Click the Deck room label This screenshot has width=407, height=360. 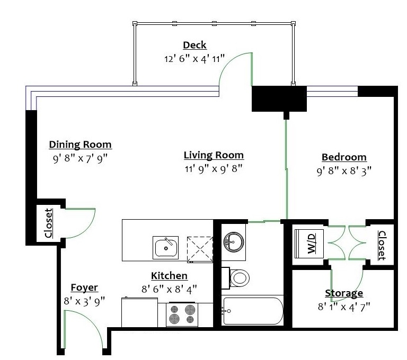(x=194, y=45)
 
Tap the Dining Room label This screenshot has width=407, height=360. (x=80, y=145)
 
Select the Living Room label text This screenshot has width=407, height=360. (x=214, y=155)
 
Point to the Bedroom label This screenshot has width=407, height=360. (x=344, y=157)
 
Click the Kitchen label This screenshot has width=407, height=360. (x=169, y=276)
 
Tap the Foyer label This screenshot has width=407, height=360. (x=84, y=287)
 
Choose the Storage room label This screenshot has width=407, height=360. (x=344, y=293)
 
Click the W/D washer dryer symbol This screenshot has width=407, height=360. (x=309, y=244)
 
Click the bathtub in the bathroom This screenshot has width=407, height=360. (x=253, y=311)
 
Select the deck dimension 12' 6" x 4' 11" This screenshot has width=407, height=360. (x=194, y=58)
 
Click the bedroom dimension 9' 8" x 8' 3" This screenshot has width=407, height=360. (x=344, y=170)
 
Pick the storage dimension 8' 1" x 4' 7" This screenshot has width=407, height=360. (x=344, y=305)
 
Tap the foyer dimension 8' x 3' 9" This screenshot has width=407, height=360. (x=84, y=301)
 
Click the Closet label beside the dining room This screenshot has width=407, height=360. (x=49, y=223)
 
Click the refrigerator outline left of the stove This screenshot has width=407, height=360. (x=140, y=313)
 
